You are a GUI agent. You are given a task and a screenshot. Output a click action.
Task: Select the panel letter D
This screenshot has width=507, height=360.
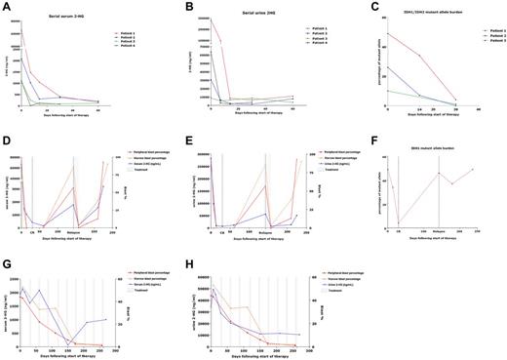pyautogui.click(x=5, y=127)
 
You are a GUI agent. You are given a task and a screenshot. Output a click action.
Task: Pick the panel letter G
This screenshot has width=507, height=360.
pyautogui.click(x=5, y=248)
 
